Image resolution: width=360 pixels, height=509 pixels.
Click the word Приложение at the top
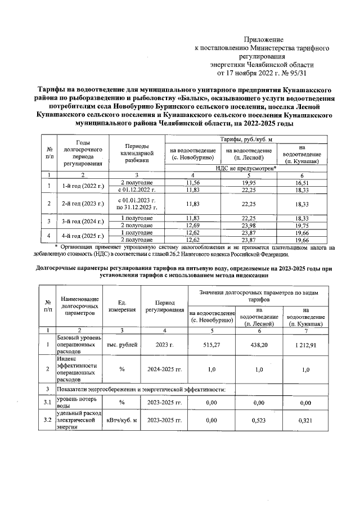point(263,40)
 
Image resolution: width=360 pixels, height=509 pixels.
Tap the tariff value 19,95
point(249,183)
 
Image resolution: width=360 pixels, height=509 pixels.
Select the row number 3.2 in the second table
point(48,420)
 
